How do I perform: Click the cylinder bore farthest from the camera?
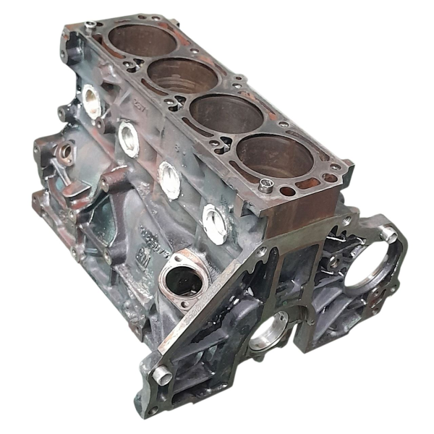[x=141, y=41]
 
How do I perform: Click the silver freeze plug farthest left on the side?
[x=92, y=101]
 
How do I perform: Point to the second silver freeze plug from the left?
[x=129, y=138]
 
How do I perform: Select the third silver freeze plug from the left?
[x=169, y=179]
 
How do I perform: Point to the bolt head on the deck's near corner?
[x=265, y=187]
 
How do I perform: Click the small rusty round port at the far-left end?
[x=65, y=152]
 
